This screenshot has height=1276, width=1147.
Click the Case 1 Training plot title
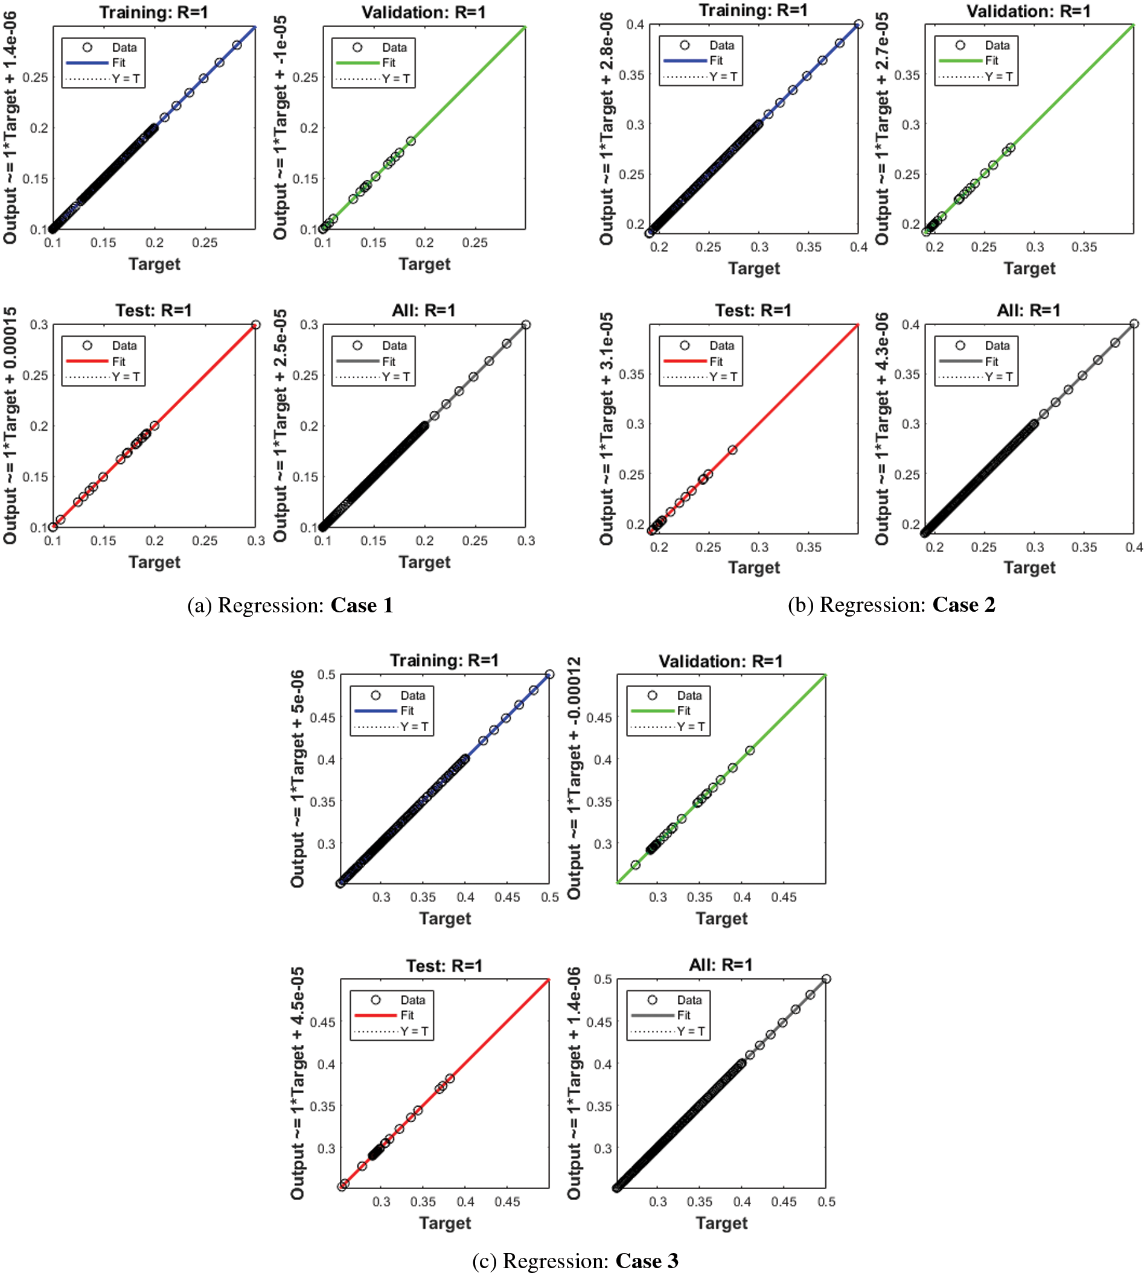[x=153, y=12]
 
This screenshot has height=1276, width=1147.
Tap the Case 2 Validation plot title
[x=1029, y=11]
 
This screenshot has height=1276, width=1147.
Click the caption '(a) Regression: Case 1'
[x=290, y=605]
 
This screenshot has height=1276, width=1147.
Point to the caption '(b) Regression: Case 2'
[x=891, y=605]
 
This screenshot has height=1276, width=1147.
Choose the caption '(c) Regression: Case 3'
[x=575, y=1260]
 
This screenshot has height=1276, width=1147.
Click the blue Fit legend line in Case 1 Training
[x=87, y=63]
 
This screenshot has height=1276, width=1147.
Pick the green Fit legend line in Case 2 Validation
[x=960, y=61]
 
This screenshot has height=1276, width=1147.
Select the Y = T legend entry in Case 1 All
[x=374, y=376]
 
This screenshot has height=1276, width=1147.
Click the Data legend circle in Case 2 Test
[x=685, y=345]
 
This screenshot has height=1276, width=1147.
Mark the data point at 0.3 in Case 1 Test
[x=255, y=325]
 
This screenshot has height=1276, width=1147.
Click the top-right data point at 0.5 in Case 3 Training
[x=549, y=675]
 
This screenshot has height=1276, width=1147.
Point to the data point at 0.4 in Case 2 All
[x=1134, y=325]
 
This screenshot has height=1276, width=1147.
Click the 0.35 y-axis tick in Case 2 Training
[x=631, y=75]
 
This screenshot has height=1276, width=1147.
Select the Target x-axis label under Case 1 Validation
[x=424, y=264]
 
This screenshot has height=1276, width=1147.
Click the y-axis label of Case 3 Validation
[x=573, y=778]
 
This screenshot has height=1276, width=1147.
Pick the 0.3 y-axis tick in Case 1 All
[x=309, y=325]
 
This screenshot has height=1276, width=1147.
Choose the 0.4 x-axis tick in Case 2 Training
[x=858, y=247]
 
